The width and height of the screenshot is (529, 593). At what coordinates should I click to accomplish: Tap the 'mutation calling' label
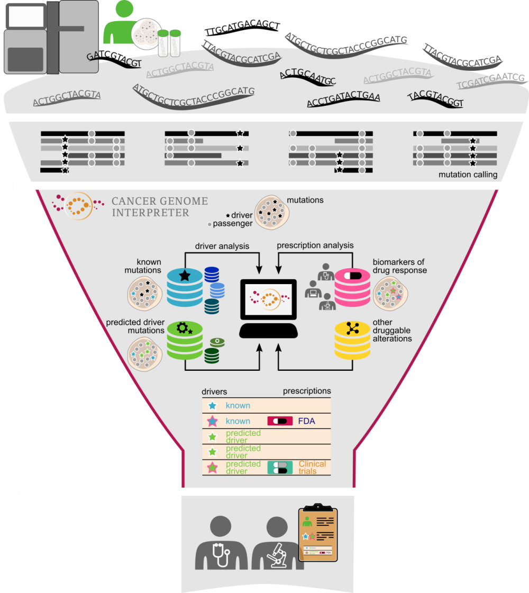(x=468, y=175)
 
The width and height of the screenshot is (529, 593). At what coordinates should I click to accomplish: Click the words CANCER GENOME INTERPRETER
(x=159, y=207)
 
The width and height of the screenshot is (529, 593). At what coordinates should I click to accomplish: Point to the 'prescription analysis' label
(x=315, y=245)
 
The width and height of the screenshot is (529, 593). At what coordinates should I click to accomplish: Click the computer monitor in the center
(x=268, y=299)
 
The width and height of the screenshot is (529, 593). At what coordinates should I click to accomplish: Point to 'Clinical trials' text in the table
(x=312, y=468)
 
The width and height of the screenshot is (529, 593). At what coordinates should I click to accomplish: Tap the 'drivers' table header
(x=214, y=392)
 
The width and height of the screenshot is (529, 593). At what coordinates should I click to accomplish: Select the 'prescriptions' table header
(x=307, y=391)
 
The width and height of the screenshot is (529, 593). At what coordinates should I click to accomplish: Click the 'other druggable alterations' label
(x=392, y=330)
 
